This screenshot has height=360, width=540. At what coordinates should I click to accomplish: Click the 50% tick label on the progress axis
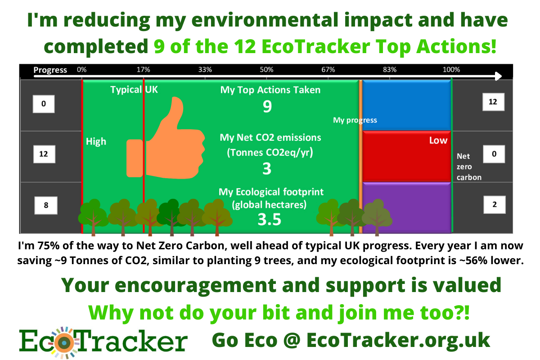[266, 70]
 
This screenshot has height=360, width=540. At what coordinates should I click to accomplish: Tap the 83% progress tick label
[390, 70]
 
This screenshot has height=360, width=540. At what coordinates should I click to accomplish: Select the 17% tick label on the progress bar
[143, 70]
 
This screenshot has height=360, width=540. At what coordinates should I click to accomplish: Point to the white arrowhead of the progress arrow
[498, 76]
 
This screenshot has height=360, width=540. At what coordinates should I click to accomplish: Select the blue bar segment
[406, 105]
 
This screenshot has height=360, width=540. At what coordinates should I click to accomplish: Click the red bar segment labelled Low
[406, 156]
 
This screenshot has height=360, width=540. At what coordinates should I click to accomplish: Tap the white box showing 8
[46, 205]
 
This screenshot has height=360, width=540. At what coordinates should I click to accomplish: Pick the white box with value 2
[495, 205]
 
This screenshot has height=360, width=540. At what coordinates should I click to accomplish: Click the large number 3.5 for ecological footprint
[269, 220]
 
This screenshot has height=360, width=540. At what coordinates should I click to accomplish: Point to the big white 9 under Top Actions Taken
[267, 106]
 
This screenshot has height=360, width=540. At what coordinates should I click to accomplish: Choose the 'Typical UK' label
[134, 90]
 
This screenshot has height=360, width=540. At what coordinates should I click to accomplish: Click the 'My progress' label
[355, 120]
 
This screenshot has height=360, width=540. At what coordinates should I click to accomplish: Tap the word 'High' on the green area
[96, 142]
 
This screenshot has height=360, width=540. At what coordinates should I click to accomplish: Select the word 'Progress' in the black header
[50, 70]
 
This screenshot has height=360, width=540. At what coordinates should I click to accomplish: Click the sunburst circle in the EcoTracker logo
[64, 342]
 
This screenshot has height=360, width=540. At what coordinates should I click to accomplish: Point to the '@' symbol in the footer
[292, 340]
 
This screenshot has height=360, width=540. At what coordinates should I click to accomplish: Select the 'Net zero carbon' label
[469, 166]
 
